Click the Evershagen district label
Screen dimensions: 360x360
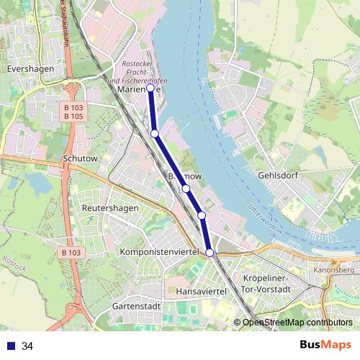(25, 70)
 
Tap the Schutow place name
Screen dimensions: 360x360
(79, 158)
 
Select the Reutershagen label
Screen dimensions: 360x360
(110, 208)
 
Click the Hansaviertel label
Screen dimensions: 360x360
(202, 291)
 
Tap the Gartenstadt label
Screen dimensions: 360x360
(135, 306)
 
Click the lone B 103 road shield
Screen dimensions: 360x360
(71, 253)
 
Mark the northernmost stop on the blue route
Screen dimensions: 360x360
(150, 89)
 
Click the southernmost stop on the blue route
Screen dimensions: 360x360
(210, 252)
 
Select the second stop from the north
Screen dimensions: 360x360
(155, 133)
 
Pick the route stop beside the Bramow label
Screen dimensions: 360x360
(186, 189)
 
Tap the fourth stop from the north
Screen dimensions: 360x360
(202, 215)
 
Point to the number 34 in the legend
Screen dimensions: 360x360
(27, 346)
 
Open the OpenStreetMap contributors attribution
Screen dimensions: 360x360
(297, 323)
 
